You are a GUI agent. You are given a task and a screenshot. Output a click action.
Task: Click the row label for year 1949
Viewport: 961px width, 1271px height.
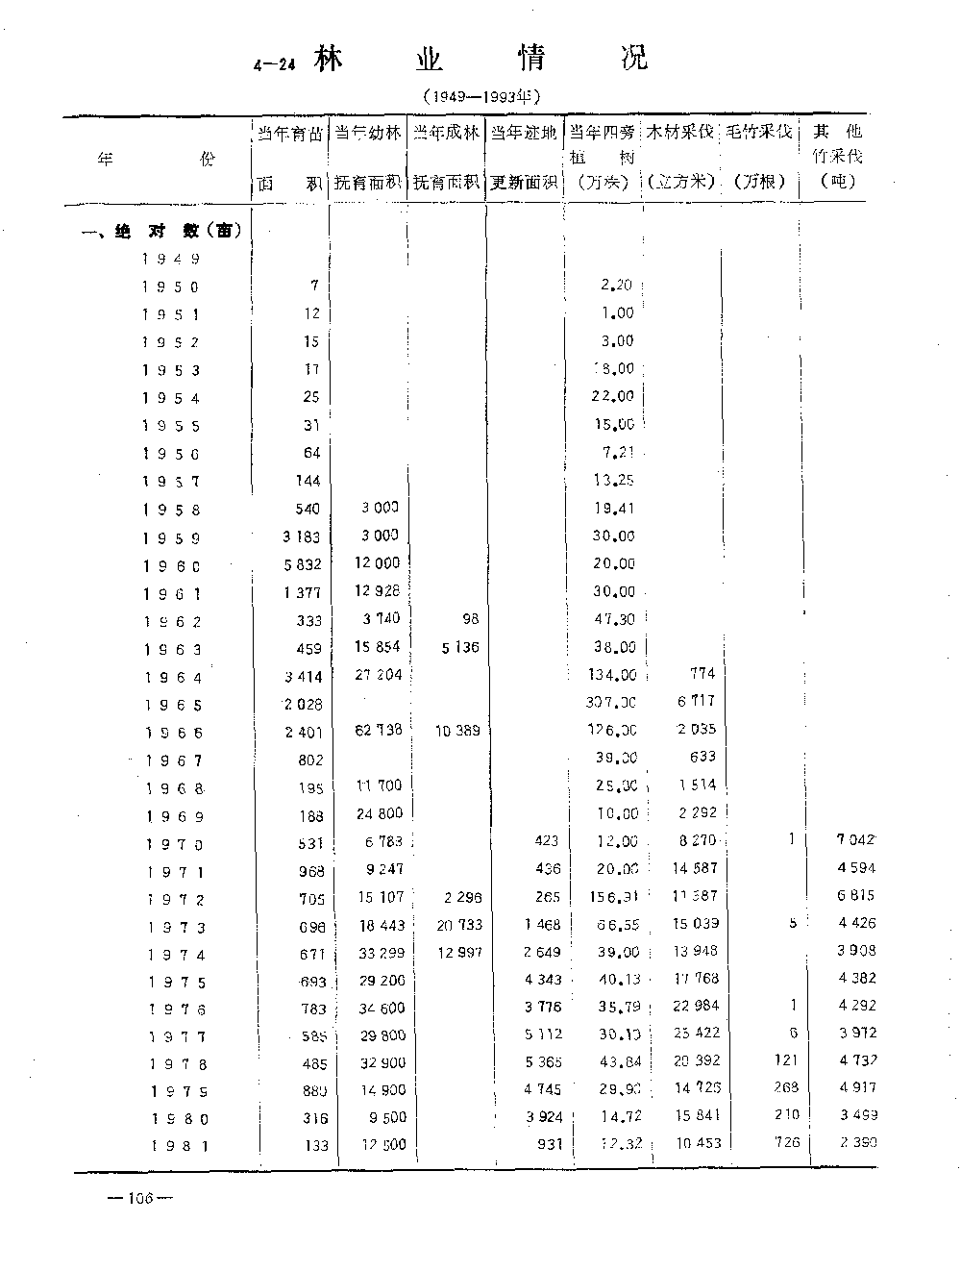(x=171, y=258)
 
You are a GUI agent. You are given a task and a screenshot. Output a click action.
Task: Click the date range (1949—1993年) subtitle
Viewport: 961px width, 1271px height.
(x=481, y=96)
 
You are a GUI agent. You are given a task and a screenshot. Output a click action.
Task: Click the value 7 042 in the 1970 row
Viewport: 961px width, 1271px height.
(x=855, y=840)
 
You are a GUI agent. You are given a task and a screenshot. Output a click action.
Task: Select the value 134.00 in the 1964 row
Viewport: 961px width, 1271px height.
(x=612, y=675)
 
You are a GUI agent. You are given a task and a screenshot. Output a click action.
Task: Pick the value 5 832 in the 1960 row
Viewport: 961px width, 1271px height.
(x=303, y=565)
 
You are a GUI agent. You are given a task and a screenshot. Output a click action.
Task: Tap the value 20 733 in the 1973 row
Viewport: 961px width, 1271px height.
(x=458, y=925)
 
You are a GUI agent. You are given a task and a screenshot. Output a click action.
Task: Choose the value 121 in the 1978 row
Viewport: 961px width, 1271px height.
(x=785, y=1060)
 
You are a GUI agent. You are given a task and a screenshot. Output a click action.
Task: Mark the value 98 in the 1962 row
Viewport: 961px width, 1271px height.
(x=469, y=619)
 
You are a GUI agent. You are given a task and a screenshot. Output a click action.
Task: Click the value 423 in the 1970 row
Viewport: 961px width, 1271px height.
(x=546, y=840)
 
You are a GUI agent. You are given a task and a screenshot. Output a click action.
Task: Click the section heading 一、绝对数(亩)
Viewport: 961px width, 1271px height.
(x=160, y=231)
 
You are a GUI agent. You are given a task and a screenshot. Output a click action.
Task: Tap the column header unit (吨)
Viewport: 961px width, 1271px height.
(x=838, y=180)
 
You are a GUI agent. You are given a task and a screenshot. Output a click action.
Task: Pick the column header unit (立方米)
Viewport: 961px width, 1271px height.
(x=679, y=182)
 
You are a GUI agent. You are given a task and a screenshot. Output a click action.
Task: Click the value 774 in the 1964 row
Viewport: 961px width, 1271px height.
(x=702, y=674)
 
